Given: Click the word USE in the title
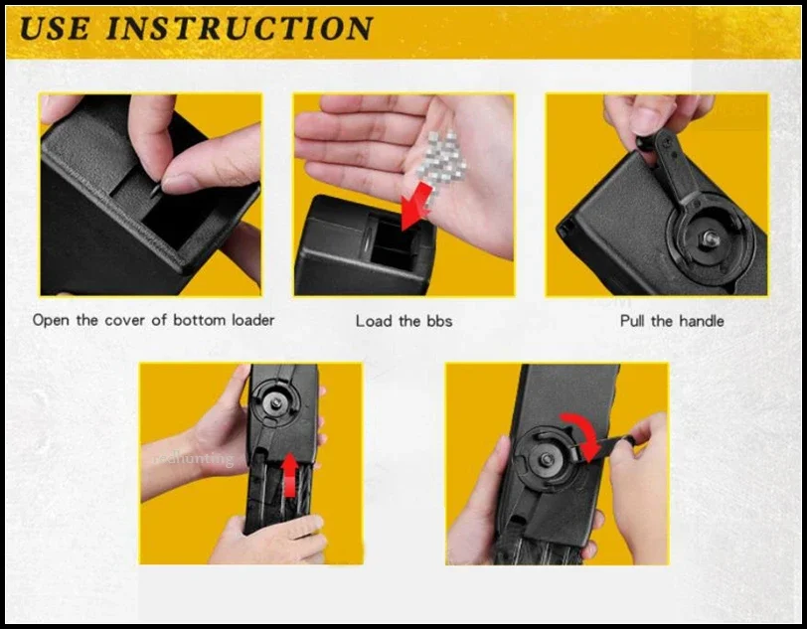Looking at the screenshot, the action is point(54,28).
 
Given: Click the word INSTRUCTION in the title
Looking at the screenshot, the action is point(240,28).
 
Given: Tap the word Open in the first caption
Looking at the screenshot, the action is point(51,321).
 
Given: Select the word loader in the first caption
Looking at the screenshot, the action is point(252,320).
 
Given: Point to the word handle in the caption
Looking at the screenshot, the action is point(701,321).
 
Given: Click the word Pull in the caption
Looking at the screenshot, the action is point(632,321).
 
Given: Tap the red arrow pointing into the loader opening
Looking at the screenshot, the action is point(416,206).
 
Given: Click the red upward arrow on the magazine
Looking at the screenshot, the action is point(290,475).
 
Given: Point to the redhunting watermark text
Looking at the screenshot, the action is point(194,458).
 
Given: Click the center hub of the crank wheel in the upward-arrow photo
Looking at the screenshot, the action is point(277,402).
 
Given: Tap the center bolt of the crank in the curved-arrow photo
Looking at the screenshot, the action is point(545,460).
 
